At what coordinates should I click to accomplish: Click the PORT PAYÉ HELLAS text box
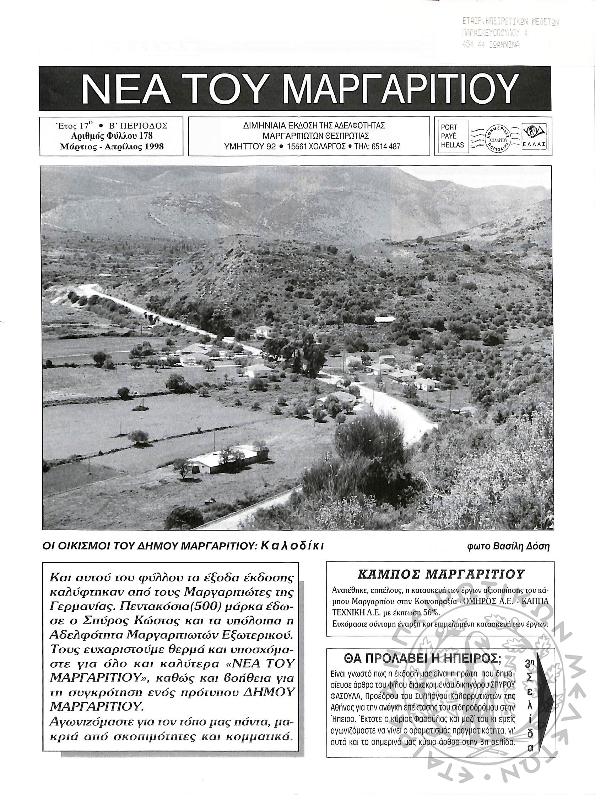[x=452, y=136]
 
